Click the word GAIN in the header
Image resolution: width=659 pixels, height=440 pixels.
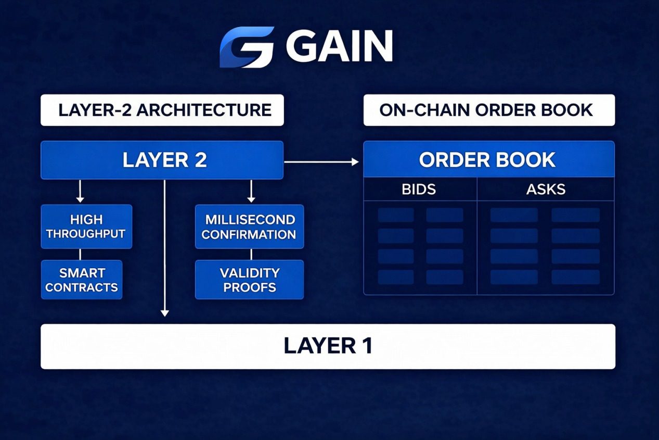(x=339, y=47)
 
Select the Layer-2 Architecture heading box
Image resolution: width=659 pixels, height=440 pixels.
(x=162, y=110)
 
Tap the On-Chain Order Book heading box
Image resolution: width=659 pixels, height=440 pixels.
(x=489, y=110)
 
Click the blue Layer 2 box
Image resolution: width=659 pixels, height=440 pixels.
(x=162, y=160)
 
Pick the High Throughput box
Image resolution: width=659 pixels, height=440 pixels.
(x=86, y=227)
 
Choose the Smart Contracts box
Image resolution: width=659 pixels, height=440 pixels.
(x=82, y=280)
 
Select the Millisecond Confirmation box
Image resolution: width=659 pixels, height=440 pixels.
(x=249, y=227)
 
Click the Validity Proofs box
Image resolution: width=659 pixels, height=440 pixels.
(x=249, y=280)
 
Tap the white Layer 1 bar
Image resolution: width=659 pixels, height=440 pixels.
(x=328, y=346)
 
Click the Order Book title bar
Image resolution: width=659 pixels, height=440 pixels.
(x=488, y=160)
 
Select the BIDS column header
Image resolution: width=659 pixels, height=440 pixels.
(x=419, y=189)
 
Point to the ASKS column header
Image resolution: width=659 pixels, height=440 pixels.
(x=546, y=189)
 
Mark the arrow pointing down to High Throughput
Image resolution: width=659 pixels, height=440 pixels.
(x=80, y=191)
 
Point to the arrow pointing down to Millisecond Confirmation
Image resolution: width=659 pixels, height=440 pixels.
(x=251, y=191)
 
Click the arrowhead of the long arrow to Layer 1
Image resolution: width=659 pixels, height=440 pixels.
(x=165, y=313)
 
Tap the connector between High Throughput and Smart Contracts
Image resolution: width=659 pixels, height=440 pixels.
(x=80, y=254)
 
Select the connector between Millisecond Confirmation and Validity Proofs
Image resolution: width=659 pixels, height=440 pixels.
(x=251, y=254)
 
